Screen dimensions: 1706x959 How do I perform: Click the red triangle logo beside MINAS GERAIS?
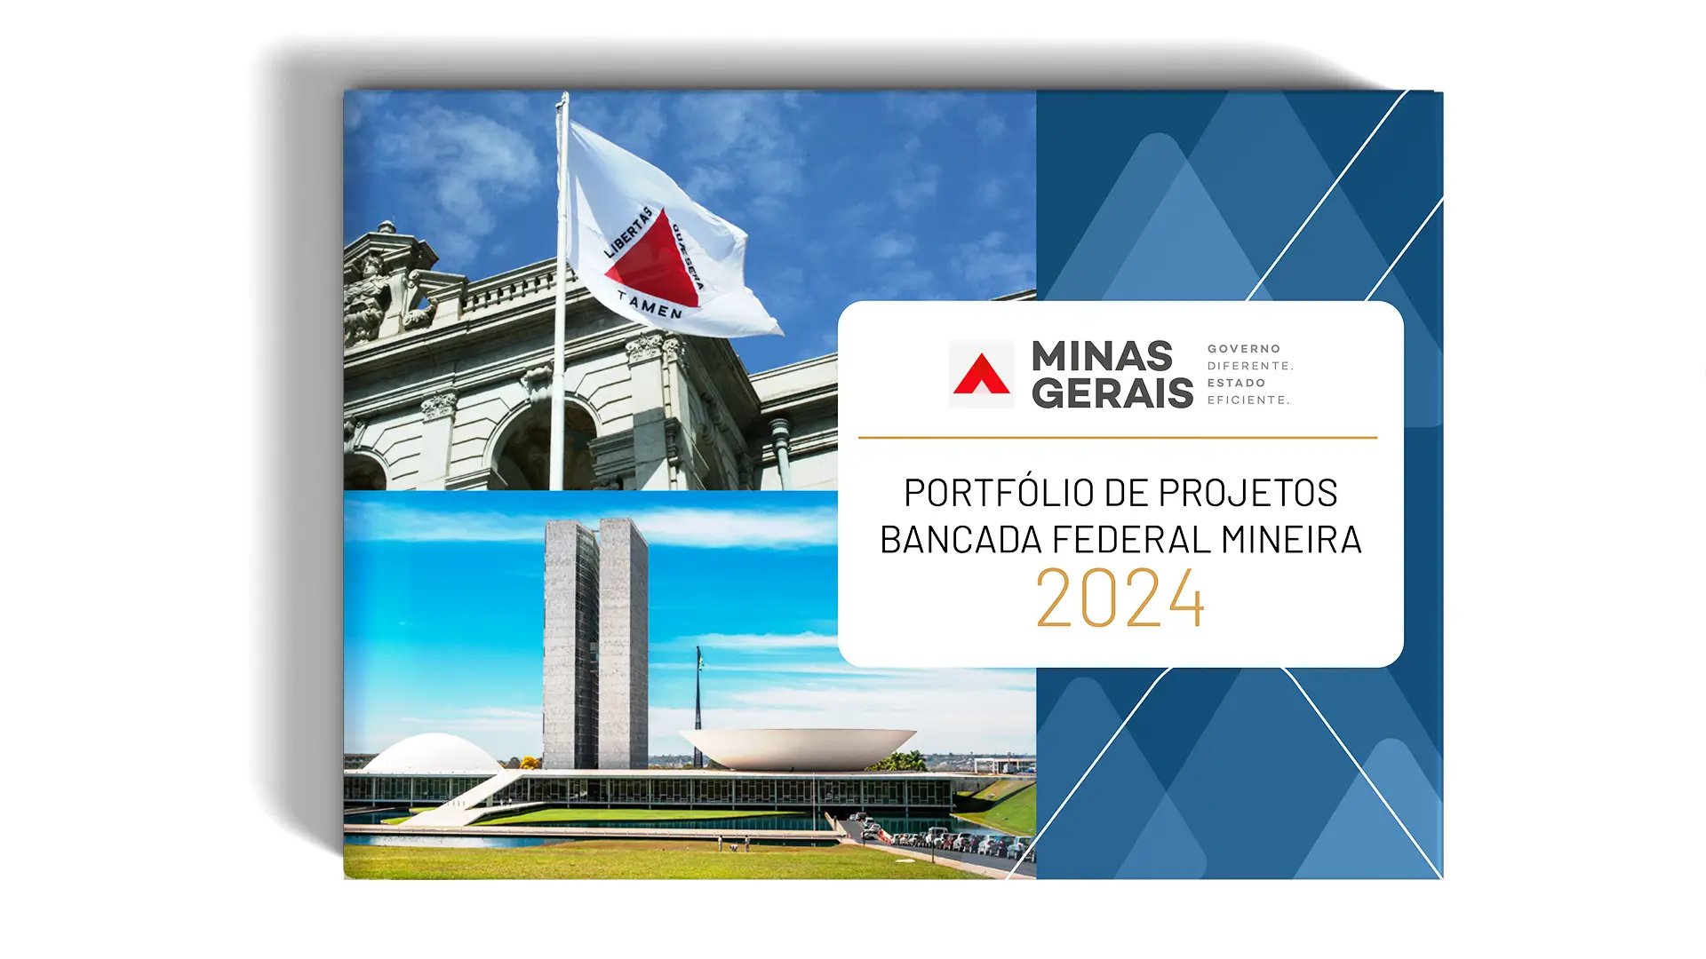[981, 374]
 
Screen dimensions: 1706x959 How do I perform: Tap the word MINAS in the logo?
[1102, 357]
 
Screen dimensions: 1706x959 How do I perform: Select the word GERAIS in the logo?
[1112, 392]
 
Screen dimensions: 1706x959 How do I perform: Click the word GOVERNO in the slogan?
[1244, 349]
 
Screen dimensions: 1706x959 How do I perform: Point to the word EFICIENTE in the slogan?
[1248, 400]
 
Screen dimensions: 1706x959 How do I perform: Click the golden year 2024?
[1120, 598]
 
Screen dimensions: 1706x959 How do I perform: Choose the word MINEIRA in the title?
[1291, 540]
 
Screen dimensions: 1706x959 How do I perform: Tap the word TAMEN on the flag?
[650, 305]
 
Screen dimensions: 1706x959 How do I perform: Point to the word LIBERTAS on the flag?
[628, 233]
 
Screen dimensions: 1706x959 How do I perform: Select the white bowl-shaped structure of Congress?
[797, 749]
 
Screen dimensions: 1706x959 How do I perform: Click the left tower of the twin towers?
[570, 645]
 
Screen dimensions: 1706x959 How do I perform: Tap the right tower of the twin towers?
[623, 643]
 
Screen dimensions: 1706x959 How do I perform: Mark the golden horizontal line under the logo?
[1118, 438]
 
